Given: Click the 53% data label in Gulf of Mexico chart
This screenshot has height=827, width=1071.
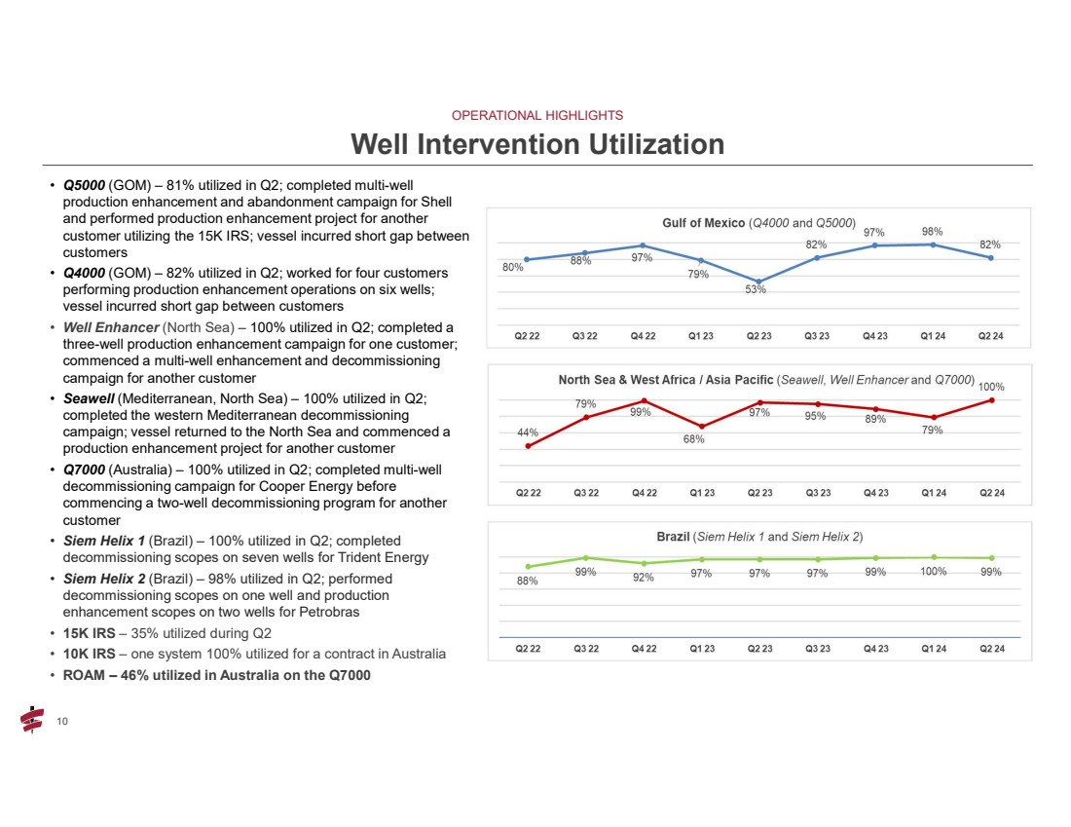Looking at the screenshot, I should (755, 289).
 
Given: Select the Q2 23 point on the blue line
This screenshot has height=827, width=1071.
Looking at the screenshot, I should (758, 282).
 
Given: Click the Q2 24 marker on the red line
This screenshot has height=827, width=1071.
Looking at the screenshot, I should (991, 400).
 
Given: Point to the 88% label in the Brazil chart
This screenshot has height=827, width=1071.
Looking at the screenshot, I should (527, 581).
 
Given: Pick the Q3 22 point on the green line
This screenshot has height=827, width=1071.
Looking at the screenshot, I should (585, 558).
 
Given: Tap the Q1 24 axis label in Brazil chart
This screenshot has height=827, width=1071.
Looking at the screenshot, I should (934, 649).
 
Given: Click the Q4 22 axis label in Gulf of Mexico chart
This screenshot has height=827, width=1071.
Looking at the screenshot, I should (643, 336).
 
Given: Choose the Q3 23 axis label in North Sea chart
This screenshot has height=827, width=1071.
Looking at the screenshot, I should (816, 493).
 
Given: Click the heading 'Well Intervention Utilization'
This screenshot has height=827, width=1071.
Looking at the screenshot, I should (537, 144).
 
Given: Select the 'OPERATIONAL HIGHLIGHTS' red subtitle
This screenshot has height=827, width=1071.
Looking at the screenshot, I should (537, 115).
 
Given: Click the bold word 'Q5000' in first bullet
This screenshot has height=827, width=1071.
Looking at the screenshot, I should (84, 185).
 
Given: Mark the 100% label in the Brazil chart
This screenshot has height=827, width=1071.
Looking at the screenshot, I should (934, 572).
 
